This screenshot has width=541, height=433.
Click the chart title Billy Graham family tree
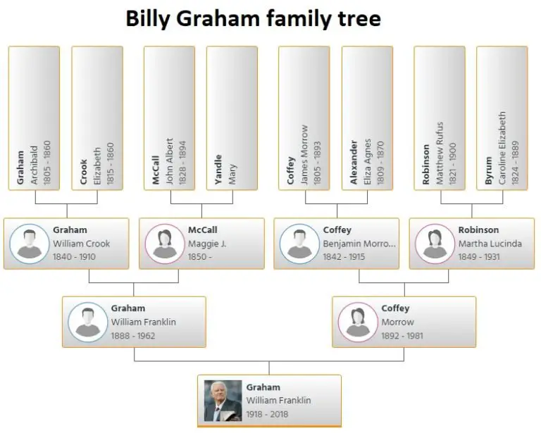253,18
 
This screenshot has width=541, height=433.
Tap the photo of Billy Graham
223,401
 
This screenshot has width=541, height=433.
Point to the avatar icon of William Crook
28,244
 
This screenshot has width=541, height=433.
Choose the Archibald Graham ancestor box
35,118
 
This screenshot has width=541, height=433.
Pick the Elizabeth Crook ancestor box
97,118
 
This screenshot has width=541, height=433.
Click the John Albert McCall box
169,118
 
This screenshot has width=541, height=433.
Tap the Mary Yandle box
232,118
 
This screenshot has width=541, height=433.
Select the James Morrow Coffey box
304,118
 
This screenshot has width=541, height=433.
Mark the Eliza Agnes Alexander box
367,118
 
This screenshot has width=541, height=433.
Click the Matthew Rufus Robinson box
439,118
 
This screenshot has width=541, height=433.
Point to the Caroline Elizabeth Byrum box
502,118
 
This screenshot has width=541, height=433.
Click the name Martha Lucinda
490,244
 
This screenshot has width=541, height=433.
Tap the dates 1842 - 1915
344,257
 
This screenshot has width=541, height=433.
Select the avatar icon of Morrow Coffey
357,322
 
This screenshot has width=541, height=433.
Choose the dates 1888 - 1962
133,335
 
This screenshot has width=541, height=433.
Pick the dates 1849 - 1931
479,257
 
